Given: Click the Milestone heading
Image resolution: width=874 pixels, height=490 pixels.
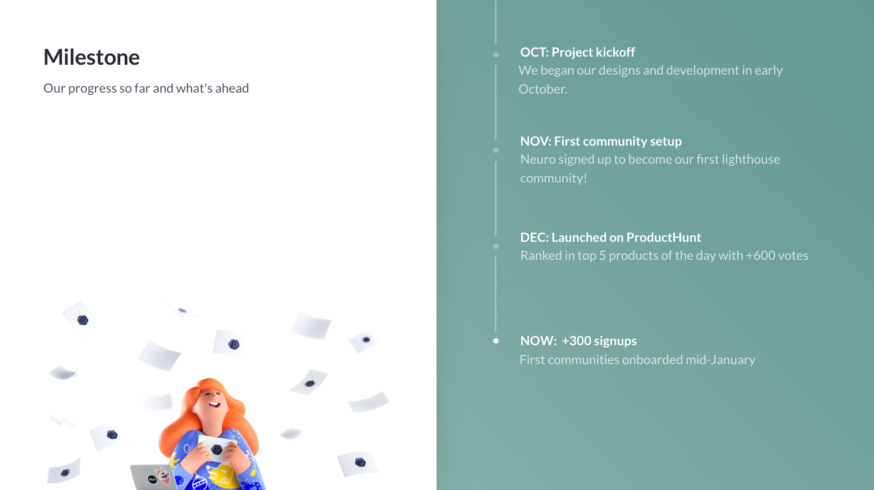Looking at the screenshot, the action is [x=91, y=57].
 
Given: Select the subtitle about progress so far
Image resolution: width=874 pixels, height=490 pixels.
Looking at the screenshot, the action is [x=146, y=88].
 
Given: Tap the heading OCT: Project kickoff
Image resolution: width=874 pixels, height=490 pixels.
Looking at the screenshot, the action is [x=577, y=52].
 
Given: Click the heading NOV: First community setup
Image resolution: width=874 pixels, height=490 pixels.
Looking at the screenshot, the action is [x=601, y=141].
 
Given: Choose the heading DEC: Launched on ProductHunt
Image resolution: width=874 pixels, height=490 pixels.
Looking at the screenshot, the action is [x=611, y=237].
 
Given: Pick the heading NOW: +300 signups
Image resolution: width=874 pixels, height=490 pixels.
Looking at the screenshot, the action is [x=578, y=341].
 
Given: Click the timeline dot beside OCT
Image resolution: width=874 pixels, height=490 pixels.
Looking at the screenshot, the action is [x=496, y=55].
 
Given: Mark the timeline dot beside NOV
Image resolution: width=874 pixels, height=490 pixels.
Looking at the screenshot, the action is [x=496, y=150].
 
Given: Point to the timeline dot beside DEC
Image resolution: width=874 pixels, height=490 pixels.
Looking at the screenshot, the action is [x=496, y=247].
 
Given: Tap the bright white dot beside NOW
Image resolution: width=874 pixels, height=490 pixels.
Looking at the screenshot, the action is [x=496, y=341].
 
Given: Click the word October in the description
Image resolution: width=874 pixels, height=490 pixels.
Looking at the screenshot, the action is [x=543, y=89].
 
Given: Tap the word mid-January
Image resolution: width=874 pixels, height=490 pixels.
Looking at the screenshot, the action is [x=720, y=360].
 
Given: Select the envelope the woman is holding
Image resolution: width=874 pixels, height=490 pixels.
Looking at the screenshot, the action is [x=217, y=448].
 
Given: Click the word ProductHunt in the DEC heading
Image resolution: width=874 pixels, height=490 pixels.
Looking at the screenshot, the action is [x=664, y=237].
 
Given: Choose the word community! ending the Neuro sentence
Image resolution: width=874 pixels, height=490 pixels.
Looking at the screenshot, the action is [x=553, y=178].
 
